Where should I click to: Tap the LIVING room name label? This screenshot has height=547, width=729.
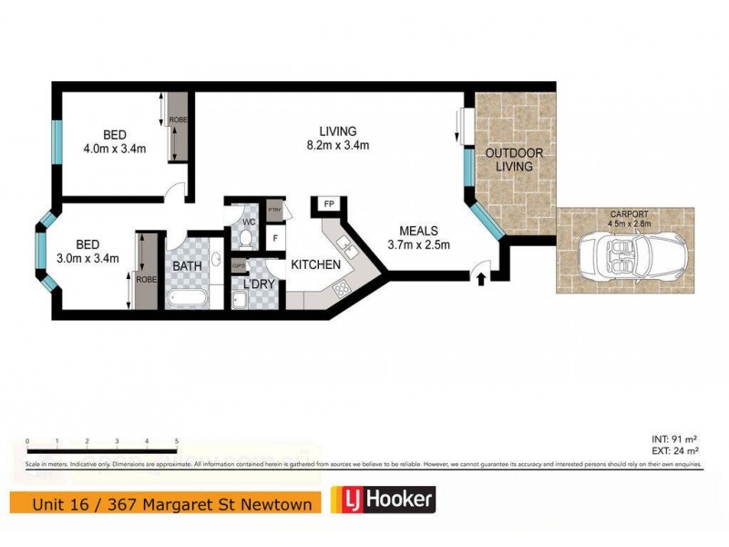[331, 130]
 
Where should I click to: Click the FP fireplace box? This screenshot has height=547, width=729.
[326, 204]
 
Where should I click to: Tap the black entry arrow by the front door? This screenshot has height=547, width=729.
[481, 278]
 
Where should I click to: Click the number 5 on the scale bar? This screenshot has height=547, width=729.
[175, 441]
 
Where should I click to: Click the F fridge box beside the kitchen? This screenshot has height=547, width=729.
[275, 239]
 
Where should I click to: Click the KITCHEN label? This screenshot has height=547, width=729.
[315, 264]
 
